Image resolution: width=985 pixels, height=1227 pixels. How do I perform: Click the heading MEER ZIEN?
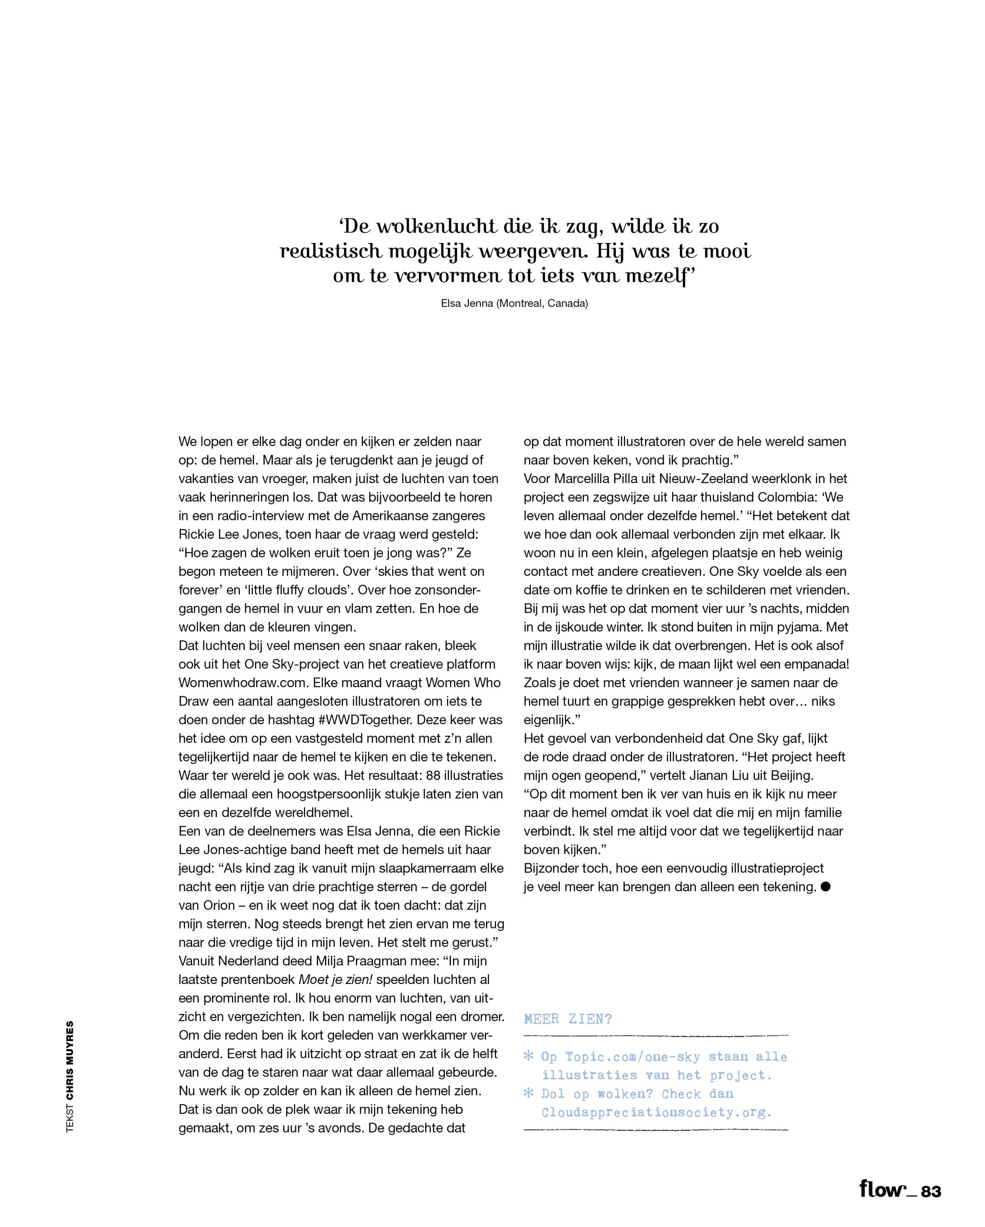(567, 1019)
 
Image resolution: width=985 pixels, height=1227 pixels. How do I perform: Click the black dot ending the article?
(826, 887)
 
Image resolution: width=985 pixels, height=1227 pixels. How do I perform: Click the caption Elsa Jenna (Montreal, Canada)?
(514, 303)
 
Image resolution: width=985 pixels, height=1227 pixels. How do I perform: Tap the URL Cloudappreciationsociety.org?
(657, 1112)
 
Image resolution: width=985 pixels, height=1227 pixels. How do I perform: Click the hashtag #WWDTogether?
(365, 720)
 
